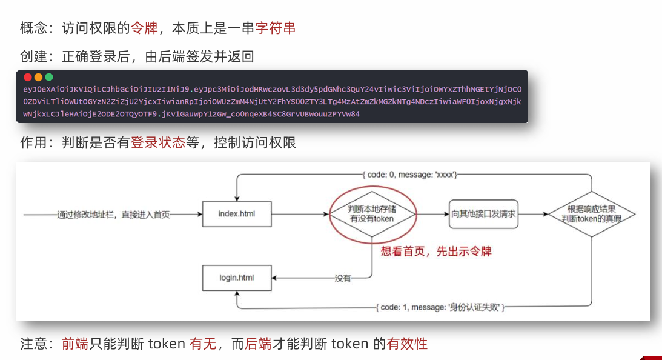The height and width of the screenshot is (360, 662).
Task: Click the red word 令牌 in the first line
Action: tap(144, 28)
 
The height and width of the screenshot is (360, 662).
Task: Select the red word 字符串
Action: tap(276, 28)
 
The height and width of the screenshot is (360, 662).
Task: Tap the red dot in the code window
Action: tap(27, 78)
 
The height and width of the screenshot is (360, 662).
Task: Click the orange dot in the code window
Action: tap(38, 78)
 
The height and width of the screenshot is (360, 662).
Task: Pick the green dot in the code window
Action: tap(49, 78)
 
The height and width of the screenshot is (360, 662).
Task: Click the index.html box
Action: tap(236, 214)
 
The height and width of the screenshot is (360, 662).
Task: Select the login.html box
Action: tap(236, 278)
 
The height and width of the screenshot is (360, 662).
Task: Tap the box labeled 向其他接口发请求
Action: tap(483, 214)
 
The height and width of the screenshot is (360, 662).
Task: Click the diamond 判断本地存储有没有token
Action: tap(372, 214)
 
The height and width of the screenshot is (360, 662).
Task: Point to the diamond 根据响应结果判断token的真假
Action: tap(591, 214)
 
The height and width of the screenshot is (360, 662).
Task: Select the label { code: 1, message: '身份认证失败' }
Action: tap(440, 307)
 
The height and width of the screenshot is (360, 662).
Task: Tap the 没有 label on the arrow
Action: tap(343, 279)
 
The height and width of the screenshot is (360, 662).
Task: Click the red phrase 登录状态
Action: tap(157, 143)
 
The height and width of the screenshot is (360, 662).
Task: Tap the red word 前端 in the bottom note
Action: tap(75, 344)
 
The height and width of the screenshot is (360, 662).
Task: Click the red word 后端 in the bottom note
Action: tap(257, 344)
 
